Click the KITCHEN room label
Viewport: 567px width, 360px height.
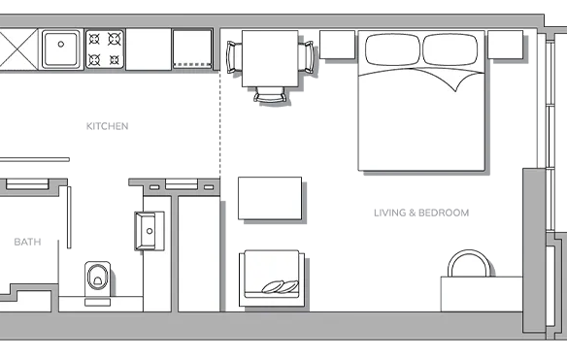click(x=107, y=126)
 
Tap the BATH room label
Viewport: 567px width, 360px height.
click(x=27, y=242)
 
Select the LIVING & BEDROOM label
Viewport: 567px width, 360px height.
click(x=421, y=213)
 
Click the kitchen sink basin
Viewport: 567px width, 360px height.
click(x=61, y=49)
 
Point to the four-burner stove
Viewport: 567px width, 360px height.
click(x=105, y=49)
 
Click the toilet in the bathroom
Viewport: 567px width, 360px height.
click(x=98, y=279)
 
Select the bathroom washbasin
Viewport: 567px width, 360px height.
click(x=149, y=231)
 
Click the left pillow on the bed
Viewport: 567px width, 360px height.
click(x=392, y=49)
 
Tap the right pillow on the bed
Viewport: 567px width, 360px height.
click(x=450, y=49)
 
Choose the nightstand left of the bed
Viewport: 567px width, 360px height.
click(x=337, y=45)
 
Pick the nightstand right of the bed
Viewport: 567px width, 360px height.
click(x=506, y=45)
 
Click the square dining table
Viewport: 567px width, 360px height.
click(x=270, y=58)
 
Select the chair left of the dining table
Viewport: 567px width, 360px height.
click(x=234, y=57)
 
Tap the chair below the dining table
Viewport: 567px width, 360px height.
click(x=271, y=95)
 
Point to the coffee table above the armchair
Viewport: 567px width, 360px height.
click(x=270, y=198)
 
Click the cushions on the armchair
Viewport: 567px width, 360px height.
click(x=281, y=286)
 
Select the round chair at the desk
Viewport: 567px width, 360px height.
click(x=469, y=264)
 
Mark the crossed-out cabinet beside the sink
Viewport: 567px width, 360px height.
click(x=18, y=49)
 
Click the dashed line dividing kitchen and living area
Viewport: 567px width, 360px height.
click(x=219, y=124)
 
